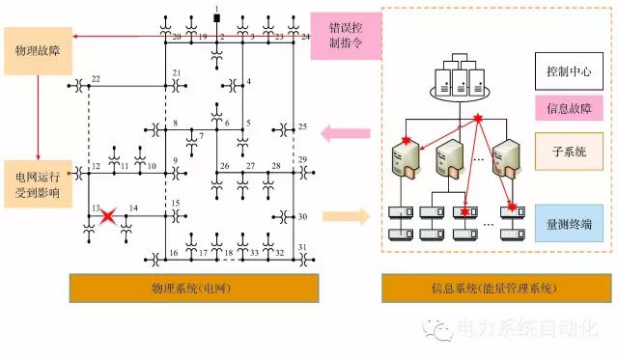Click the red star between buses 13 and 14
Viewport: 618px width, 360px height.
point(106,217)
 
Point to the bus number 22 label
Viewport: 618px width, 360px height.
point(95,78)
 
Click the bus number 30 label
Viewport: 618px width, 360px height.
point(302,217)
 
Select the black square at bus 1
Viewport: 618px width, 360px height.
point(217,18)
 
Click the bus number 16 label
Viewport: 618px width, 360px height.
point(174,253)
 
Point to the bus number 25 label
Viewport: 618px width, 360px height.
point(302,127)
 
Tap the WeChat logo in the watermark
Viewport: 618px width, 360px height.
point(443,331)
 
